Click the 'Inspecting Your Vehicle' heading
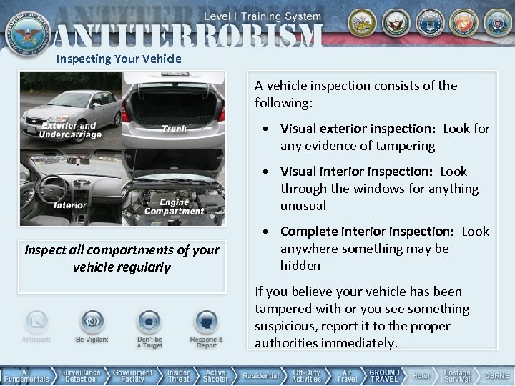tap(119, 59)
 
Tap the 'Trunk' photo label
tap(174, 129)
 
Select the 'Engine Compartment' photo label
tap(174, 207)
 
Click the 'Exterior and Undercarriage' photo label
tap(70, 130)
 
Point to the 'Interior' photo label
tap(70, 205)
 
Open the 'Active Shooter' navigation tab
tap(215, 376)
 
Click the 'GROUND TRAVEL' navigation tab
tap(384, 376)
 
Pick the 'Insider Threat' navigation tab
tap(179, 376)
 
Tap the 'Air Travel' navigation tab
tap(347, 376)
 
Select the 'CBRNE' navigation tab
tap(496, 376)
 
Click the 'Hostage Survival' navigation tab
tap(457, 376)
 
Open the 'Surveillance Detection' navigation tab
tap(80, 376)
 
